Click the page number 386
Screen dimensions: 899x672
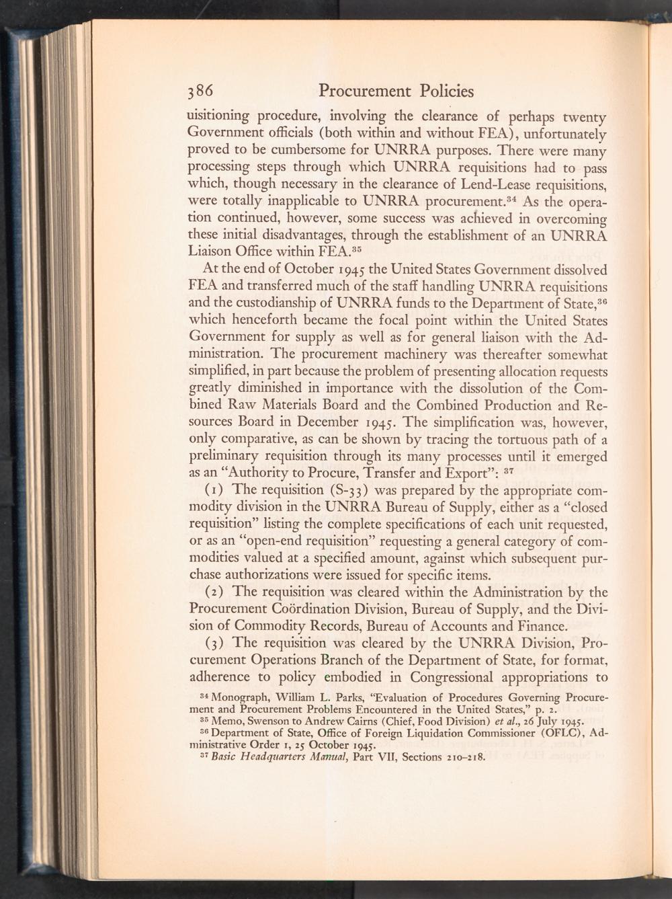(200, 91)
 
